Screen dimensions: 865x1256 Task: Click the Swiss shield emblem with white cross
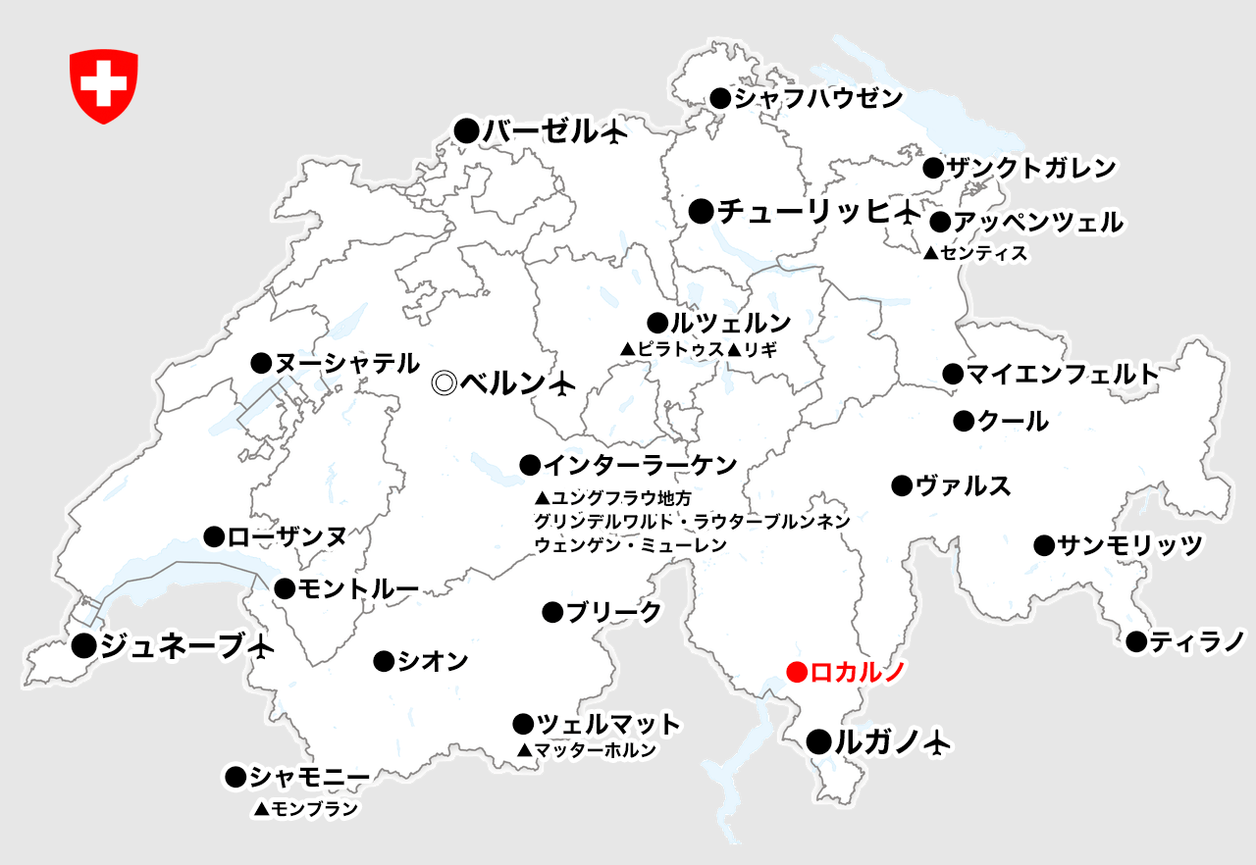[103, 86]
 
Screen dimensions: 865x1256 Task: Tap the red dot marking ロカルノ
[797, 672]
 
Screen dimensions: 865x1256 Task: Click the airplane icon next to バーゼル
[614, 131]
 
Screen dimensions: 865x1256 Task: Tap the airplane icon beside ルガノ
[938, 742]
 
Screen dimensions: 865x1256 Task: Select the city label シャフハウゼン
[817, 98]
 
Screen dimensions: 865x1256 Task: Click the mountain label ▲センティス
[975, 254]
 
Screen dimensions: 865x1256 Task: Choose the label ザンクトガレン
[1031, 168]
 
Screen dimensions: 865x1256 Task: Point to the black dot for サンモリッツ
[1043, 545]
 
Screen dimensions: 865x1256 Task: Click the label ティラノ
[1197, 641]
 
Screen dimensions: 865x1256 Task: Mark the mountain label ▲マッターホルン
[587, 750]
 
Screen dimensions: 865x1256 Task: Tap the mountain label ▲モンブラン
[305, 809]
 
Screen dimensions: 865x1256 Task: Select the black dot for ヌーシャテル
[261, 363]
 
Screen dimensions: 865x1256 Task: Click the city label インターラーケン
[640, 464]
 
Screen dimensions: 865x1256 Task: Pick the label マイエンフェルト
[1063, 374]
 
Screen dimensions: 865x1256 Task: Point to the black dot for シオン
[384, 662]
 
